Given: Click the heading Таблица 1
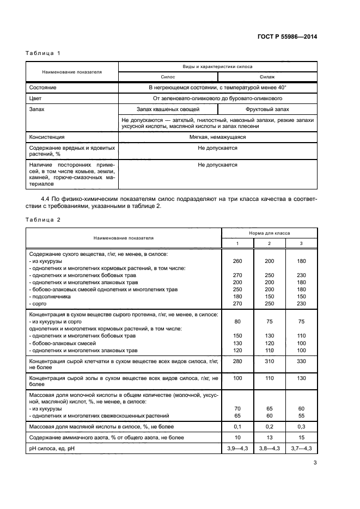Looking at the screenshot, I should point(43,53).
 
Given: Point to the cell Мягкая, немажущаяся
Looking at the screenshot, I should point(217,137).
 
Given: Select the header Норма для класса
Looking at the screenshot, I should point(269,233).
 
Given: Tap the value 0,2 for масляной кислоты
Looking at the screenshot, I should point(269,426).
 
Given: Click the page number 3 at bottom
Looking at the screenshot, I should point(315,463).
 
